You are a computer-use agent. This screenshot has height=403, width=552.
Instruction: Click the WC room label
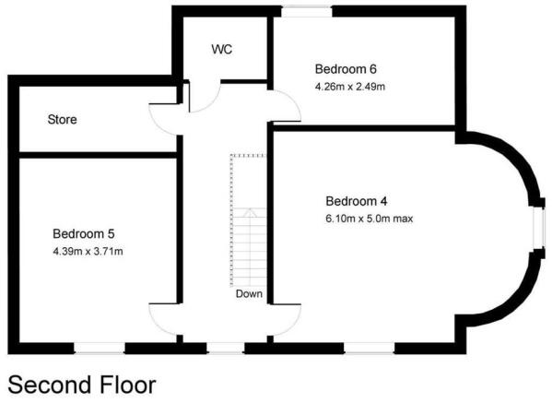click(x=222, y=49)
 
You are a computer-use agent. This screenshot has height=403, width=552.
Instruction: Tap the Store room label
click(x=63, y=119)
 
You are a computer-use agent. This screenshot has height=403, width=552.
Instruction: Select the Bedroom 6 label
click(x=346, y=69)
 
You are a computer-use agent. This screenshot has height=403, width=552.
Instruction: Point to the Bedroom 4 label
click(x=357, y=201)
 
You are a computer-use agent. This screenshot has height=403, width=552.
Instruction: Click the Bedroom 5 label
click(x=84, y=233)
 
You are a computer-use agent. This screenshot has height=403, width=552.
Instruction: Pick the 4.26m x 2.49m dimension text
click(x=350, y=87)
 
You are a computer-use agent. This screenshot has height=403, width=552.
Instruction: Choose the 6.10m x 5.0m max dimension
click(x=370, y=219)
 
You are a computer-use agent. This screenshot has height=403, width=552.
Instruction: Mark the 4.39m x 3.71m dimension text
click(x=88, y=252)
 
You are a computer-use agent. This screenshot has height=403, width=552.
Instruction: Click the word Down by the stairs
click(x=249, y=294)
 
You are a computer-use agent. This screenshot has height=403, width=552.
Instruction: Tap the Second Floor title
click(x=82, y=385)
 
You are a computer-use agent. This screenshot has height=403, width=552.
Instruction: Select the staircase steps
click(x=250, y=246)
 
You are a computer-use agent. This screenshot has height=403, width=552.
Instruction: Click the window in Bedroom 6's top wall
click(x=307, y=12)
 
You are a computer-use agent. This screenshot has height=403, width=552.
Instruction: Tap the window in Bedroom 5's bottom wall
click(x=100, y=348)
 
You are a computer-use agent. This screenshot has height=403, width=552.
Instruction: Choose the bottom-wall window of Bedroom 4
click(x=369, y=348)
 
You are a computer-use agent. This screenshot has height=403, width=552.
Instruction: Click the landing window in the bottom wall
click(x=225, y=348)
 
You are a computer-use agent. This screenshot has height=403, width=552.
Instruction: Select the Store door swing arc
click(x=159, y=128)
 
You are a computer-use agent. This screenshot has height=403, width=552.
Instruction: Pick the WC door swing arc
click(x=212, y=105)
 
